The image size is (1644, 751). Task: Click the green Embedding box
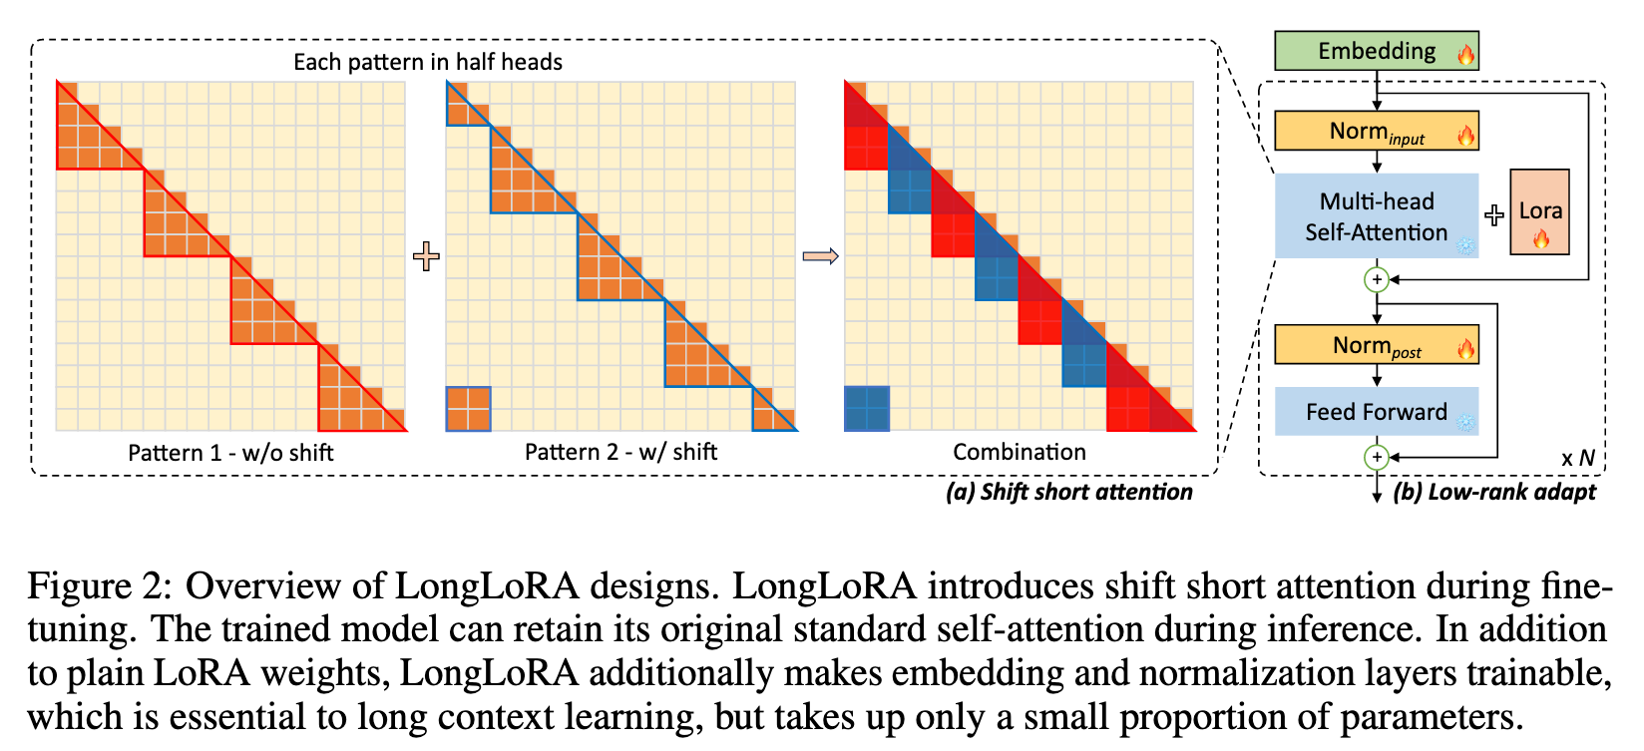(1376, 51)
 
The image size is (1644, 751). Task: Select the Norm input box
(1376, 131)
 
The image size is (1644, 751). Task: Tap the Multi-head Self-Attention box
(1376, 216)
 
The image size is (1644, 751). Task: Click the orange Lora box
(1539, 211)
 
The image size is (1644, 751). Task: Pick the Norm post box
(1376, 345)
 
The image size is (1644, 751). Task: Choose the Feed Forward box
(1376, 412)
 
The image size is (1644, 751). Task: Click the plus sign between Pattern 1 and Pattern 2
(426, 256)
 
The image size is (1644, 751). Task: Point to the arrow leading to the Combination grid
(820, 256)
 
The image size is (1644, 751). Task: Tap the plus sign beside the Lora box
(1493, 215)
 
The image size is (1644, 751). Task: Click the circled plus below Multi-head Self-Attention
(1377, 280)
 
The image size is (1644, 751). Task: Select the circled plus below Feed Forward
(1377, 457)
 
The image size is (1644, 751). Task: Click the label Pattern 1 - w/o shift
(230, 453)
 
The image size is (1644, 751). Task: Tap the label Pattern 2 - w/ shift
(620, 452)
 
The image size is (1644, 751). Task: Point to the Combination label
(1019, 452)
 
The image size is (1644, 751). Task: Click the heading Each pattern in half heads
(427, 62)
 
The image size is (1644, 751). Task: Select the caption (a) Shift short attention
(1068, 492)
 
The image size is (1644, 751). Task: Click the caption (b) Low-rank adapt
(1493, 492)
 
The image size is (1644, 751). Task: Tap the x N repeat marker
(1577, 459)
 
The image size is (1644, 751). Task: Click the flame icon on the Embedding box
(1465, 54)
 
